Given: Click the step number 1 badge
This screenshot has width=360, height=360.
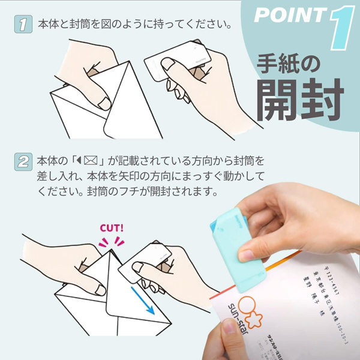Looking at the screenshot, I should point(23,26).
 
